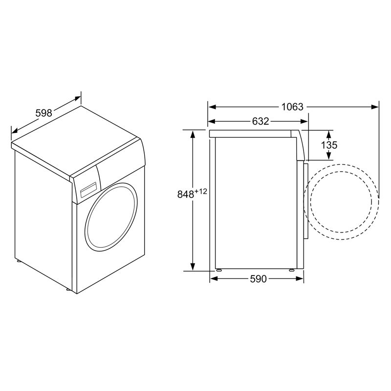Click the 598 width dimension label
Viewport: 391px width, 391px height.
tap(43, 113)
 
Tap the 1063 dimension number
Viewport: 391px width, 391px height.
tap(292, 107)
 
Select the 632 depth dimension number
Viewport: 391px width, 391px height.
tap(261, 121)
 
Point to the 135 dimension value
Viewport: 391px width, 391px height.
tap(329, 145)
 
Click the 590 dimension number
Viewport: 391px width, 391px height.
tap(259, 279)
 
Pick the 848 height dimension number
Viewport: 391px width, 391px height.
tap(186, 194)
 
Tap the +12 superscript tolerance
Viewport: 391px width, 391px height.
tap(201, 191)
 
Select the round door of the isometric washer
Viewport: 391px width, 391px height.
tap(111, 217)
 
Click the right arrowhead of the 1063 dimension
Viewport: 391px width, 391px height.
tap(375, 107)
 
